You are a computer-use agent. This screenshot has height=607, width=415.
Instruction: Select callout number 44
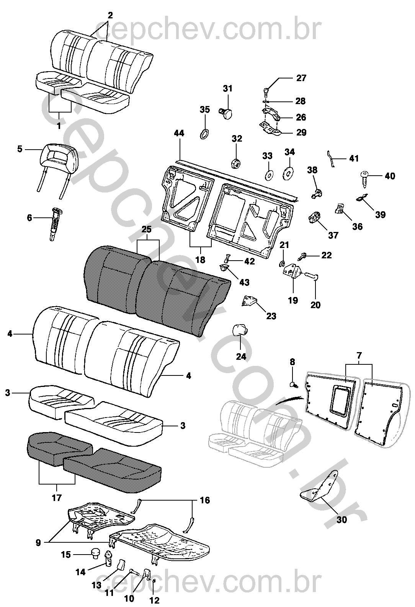[x=179, y=133]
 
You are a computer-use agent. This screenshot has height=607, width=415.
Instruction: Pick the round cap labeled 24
[x=240, y=329]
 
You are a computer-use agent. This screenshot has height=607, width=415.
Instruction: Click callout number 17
[x=57, y=498]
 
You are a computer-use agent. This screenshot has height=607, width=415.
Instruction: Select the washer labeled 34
[x=288, y=174]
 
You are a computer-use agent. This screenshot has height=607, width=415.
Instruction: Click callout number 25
[x=147, y=230]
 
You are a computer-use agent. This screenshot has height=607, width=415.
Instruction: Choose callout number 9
[x=38, y=542]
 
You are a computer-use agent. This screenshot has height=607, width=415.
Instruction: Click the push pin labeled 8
[x=293, y=383]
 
